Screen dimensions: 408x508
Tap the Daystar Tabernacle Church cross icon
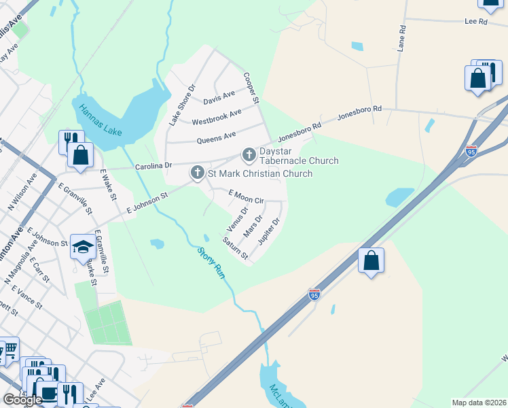coord(249,155)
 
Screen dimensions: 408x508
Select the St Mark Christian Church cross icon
coord(198,173)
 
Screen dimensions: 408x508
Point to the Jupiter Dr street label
coord(270,233)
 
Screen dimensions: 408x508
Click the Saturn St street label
coord(236,248)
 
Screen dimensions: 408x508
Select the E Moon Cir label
coord(245,197)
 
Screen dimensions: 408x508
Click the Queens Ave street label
coord(216,138)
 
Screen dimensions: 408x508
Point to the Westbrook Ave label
coord(216,118)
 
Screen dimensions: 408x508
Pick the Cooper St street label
coord(251,88)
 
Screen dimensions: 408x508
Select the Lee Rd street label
coord(476,22)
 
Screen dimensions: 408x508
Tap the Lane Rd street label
coord(401,39)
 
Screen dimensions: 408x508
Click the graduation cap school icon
coord(83,247)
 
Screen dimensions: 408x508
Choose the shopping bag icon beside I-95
coord(371,260)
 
